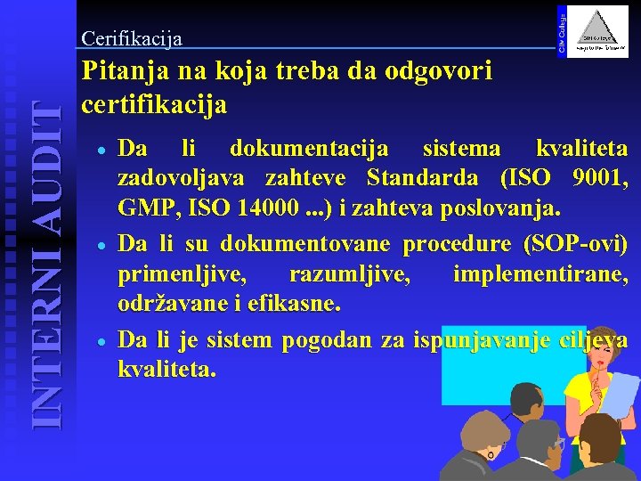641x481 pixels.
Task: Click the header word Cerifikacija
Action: point(132,38)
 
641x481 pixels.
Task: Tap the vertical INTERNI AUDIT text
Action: point(42,264)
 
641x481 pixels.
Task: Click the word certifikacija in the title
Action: point(154,105)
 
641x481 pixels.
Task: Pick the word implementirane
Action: point(540,273)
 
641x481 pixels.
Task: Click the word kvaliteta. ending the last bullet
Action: point(166,369)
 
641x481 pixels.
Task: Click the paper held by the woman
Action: point(618,393)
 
